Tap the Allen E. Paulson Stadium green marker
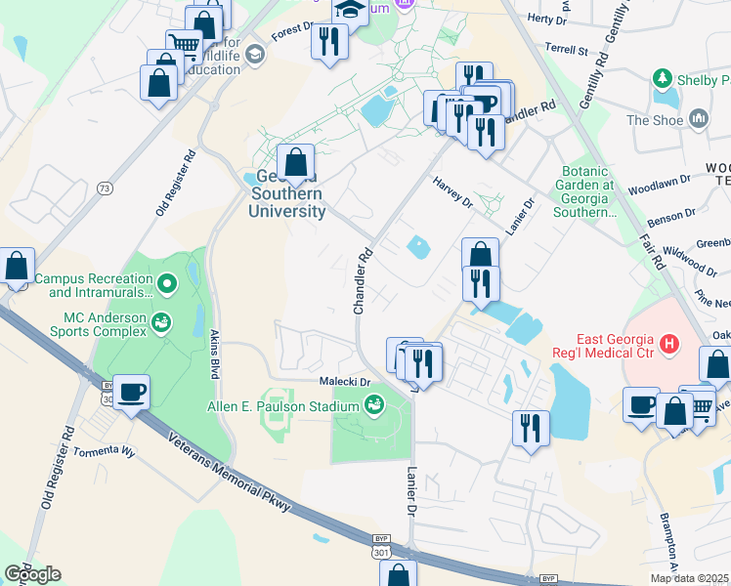pyautogui.click(x=373, y=404)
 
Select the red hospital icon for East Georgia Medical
pyautogui.click(x=669, y=344)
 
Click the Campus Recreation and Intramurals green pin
pyautogui.click(x=167, y=285)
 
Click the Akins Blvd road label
pyautogui.click(x=214, y=354)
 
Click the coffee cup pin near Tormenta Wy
pyautogui.click(x=132, y=393)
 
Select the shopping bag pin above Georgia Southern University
pyautogui.click(x=294, y=163)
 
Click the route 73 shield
pyautogui.click(x=103, y=186)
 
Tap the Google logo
pyautogui.click(x=32, y=574)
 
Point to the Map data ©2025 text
pyautogui.click(x=690, y=578)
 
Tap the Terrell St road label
pyautogui.click(x=567, y=49)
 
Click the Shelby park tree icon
pyautogui.click(x=664, y=77)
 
